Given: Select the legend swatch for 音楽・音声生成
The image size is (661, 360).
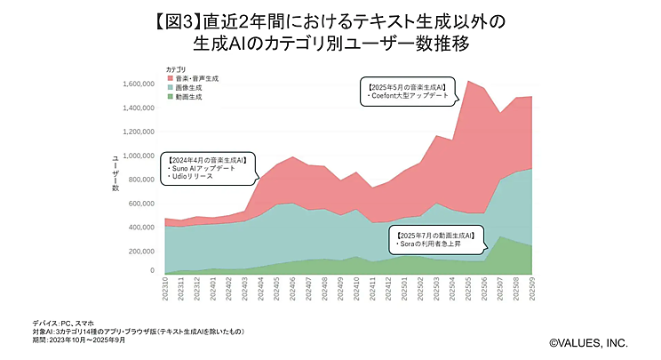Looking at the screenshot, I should [168, 79].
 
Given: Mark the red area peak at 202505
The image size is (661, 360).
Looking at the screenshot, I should [467, 82].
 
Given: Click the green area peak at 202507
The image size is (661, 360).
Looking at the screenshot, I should [500, 237].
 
